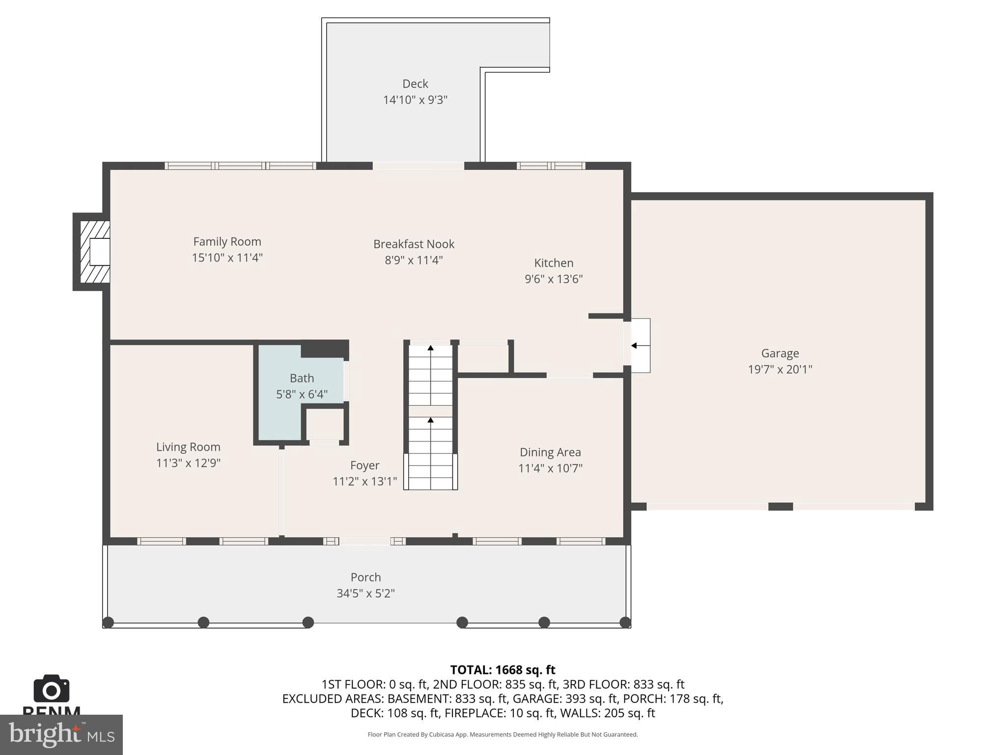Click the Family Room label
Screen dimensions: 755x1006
click(x=227, y=242)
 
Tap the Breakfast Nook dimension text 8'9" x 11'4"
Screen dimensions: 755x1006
click(x=414, y=260)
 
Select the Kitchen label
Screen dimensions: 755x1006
click(x=554, y=263)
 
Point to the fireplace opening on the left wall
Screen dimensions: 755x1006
click(x=99, y=252)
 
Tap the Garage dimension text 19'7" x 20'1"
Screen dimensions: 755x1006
click(x=780, y=369)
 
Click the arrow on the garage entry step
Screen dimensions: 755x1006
click(x=634, y=346)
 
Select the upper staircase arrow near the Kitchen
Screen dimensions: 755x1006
click(x=431, y=348)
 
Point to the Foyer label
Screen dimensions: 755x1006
click(x=364, y=465)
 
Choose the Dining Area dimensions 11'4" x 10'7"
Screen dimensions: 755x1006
click(x=550, y=468)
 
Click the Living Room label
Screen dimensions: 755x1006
click(x=188, y=447)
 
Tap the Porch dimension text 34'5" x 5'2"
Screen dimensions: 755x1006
click(x=365, y=593)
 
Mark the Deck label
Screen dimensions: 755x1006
click(x=415, y=84)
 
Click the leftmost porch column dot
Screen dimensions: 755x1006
click(x=109, y=622)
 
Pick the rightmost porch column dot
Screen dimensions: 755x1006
click(x=625, y=622)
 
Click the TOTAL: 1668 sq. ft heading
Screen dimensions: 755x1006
click(x=503, y=670)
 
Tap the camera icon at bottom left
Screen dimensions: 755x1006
click(x=51, y=689)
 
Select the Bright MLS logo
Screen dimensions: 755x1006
click(x=61, y=734)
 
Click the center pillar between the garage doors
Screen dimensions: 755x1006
click(x=780, y=506)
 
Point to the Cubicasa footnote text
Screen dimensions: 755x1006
click(x=503, y=734)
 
